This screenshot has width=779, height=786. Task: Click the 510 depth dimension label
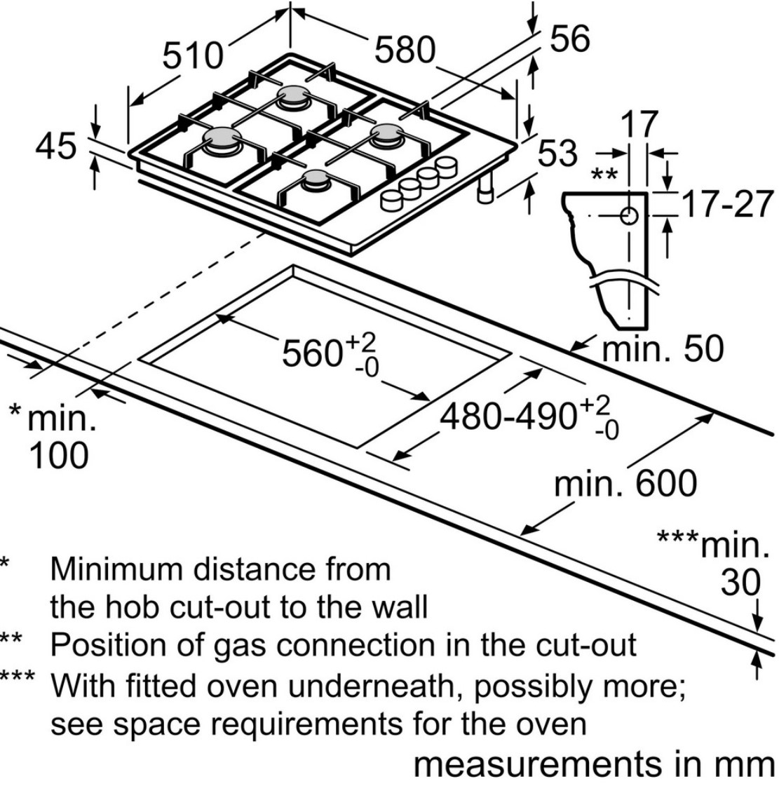point(192,56)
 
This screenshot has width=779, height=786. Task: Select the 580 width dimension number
point(405,50)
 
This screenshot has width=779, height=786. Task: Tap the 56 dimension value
point(569,39)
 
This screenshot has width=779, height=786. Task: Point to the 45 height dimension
point(57,147)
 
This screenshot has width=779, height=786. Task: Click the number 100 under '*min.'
point(59,455)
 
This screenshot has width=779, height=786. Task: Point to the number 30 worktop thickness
point(740,583)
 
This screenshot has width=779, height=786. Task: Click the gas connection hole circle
point(629,216)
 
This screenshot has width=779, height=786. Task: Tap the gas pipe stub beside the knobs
point(485,191)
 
